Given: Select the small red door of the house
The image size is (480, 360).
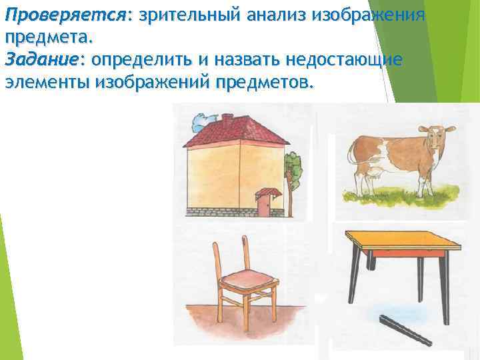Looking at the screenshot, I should click(x=264, y=207).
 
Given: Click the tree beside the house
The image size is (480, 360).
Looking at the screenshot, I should click(x=292, y=170).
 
